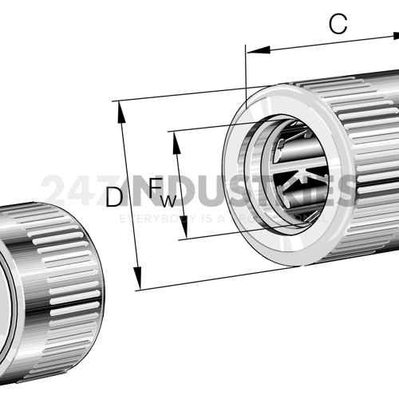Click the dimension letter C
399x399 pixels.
[x=338, y=25]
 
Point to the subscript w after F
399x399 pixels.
[x=168, y=199]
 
